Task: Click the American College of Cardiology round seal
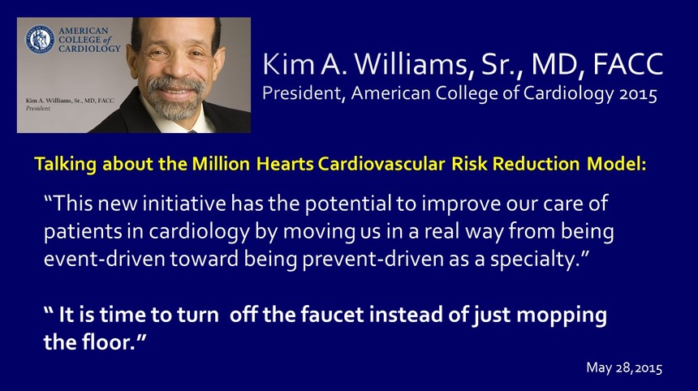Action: click(40, 40)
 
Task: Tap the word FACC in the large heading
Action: click(628, 64)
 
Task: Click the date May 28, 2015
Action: click(624, 367)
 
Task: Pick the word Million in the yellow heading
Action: click(221, 164)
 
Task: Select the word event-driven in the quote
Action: click(104, 259)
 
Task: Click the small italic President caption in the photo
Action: click(38, 108)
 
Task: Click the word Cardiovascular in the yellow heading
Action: click(381, 164)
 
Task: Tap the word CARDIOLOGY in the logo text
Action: click(89, 49)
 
